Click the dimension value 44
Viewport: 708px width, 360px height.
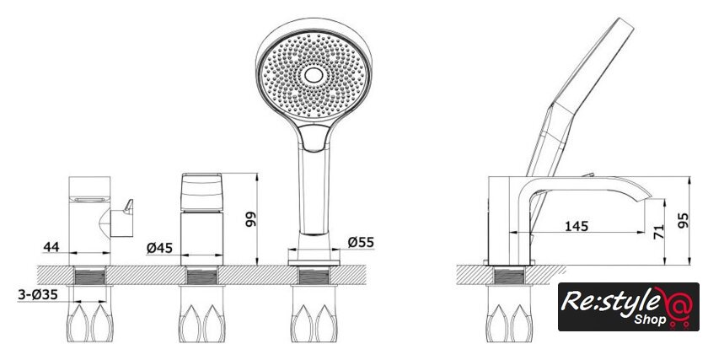click(x=51, y=247)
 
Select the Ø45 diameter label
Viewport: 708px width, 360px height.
click(x=160, y=248)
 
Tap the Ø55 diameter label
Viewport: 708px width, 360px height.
click(x=361, y=242)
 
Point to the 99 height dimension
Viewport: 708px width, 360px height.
click(x=250, y=219)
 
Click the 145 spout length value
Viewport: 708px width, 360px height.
click(x=577, y=226)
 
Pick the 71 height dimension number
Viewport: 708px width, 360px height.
click(x=659, y=232)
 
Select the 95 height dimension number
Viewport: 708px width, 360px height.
click(x=684, y=220)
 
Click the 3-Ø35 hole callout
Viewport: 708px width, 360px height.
click(x=38, y=295)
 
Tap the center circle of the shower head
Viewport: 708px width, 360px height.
click(x=314, y=75)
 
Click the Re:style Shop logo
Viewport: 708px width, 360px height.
click(x=629, y=307)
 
